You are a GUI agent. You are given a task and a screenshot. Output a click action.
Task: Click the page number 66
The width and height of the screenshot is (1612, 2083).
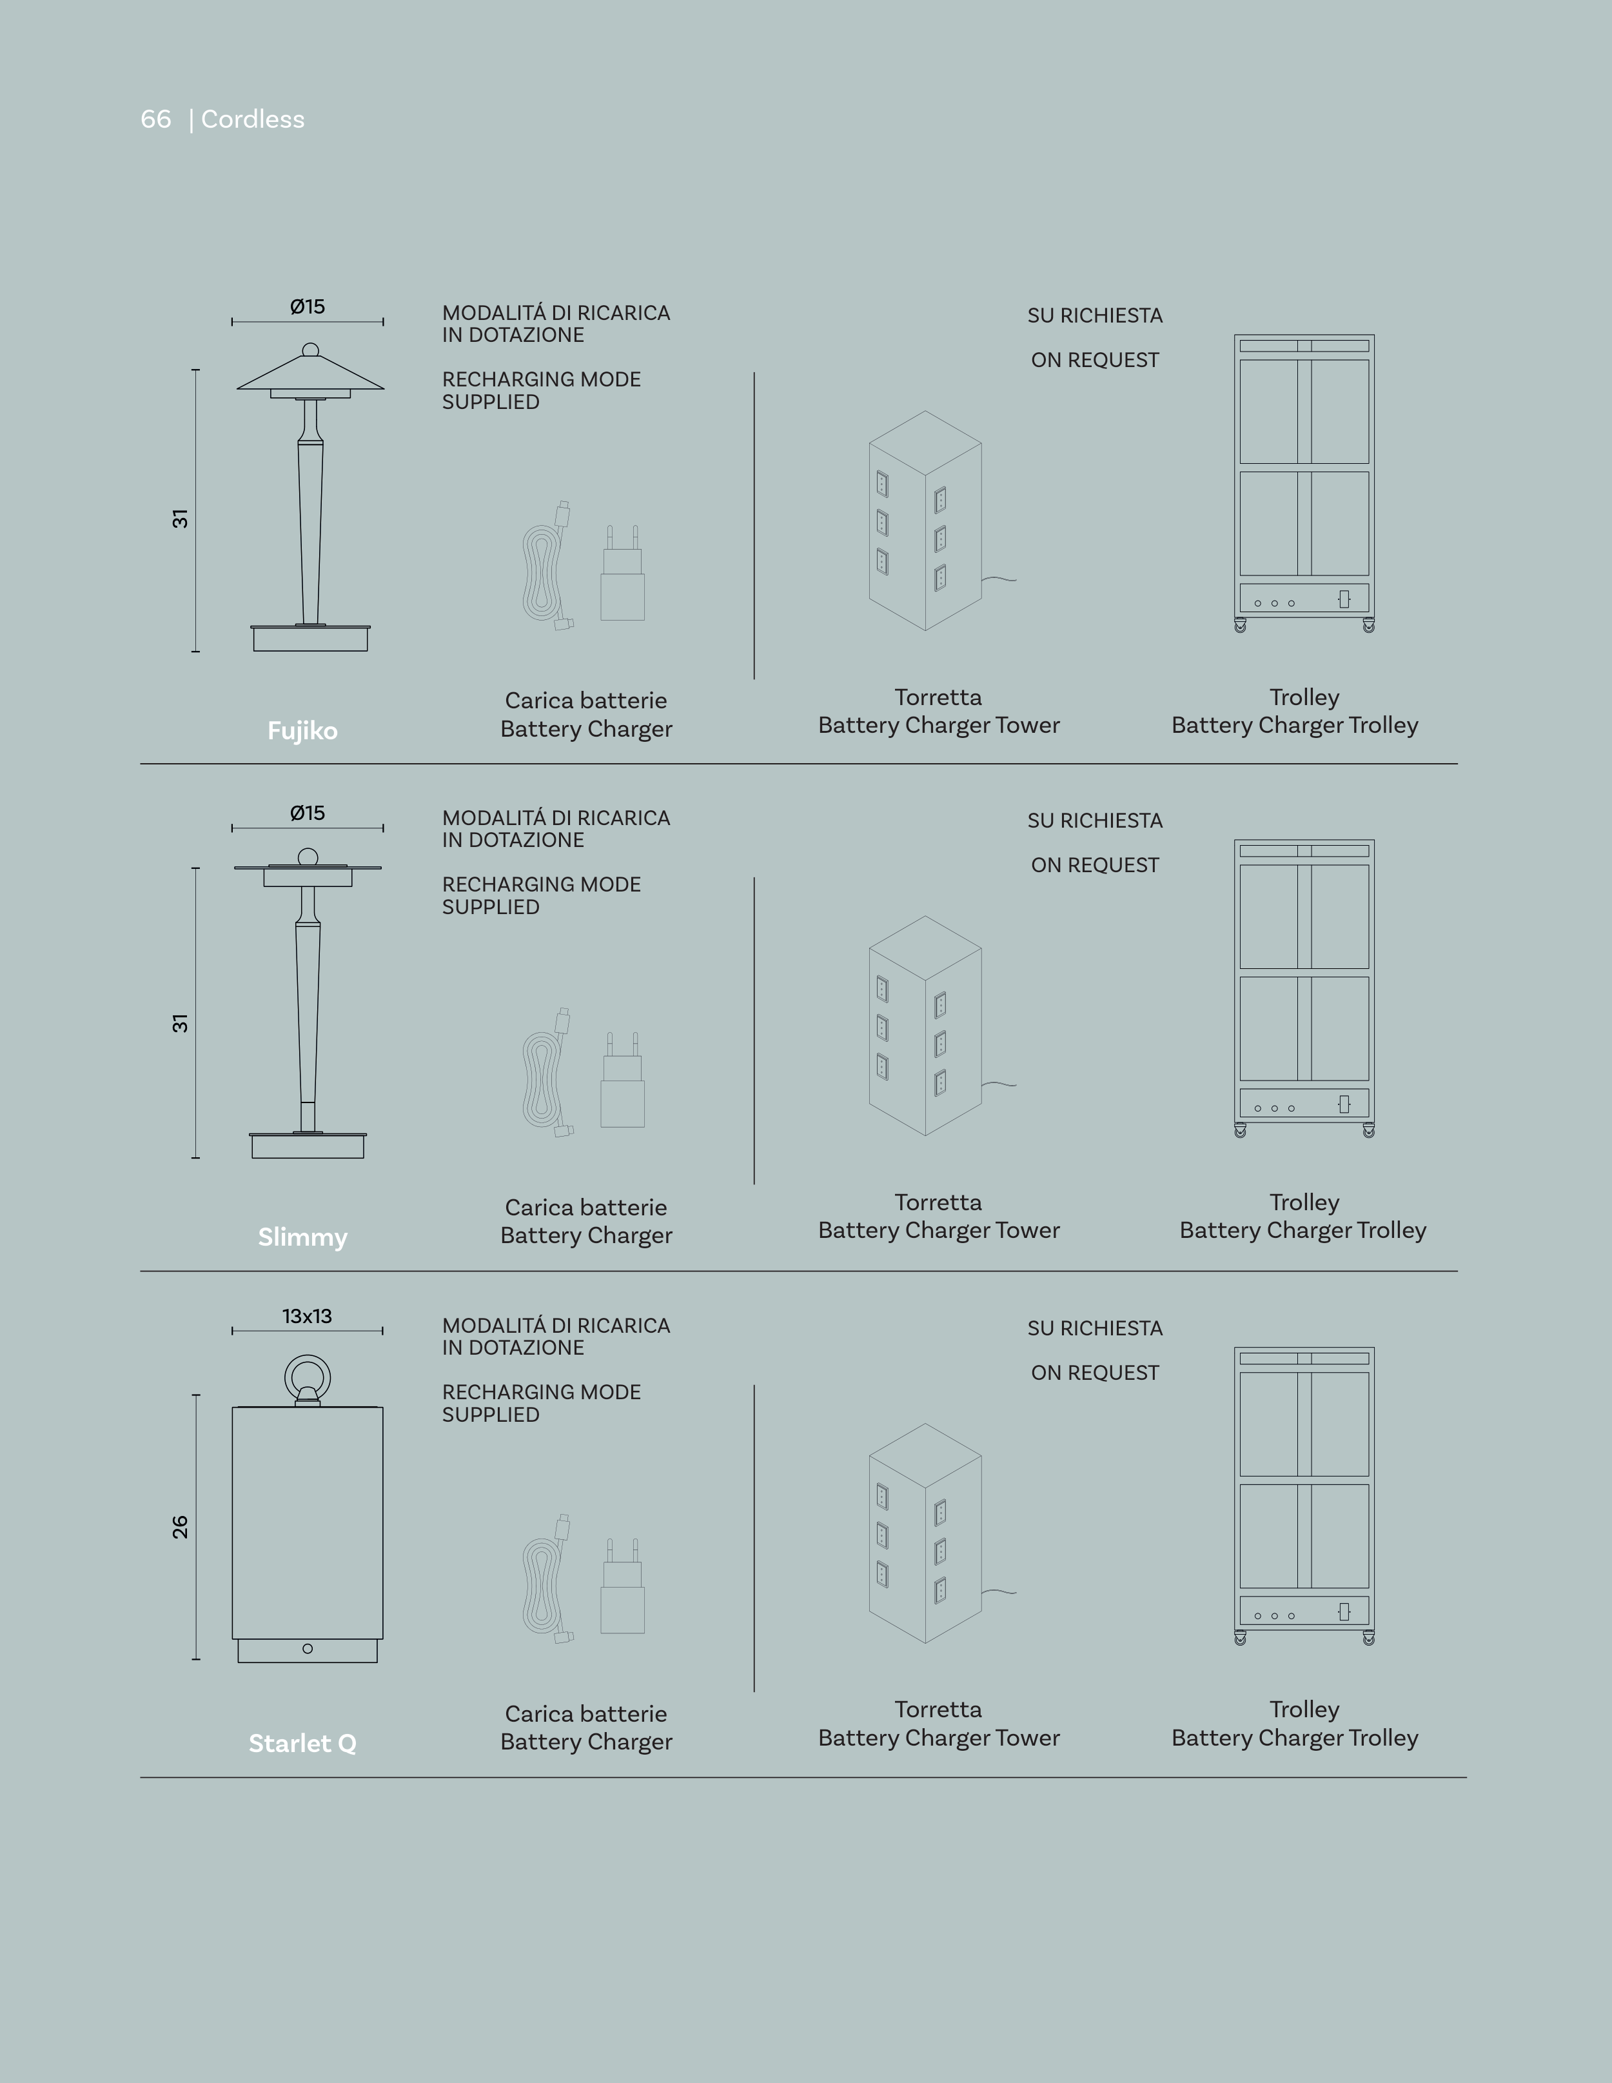[155, 119]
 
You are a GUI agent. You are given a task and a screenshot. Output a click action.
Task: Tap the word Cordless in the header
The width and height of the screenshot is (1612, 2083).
[253, 119]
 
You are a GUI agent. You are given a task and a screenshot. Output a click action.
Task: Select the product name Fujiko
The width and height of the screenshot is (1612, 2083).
[302, 731]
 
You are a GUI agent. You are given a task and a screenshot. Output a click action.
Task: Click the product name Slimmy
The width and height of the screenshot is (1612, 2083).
[302, 1237]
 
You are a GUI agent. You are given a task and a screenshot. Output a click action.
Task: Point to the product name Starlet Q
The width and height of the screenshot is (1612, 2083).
[302, 1744]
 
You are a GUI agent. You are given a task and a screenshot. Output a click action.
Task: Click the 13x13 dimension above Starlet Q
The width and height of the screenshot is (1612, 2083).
[307, 1316]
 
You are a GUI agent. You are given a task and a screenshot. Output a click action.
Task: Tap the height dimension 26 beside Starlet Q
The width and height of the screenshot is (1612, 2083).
[180, 1527]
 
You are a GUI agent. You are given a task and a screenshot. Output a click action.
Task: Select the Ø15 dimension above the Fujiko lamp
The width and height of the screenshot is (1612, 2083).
[307, 306]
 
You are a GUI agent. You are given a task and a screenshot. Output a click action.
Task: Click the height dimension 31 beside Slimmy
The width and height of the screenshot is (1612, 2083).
[180, 1023]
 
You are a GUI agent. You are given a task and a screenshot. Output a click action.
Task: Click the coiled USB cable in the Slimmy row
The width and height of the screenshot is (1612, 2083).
[546, 1073]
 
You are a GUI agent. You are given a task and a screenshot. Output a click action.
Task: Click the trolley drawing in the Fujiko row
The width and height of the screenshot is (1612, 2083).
[1304, 483]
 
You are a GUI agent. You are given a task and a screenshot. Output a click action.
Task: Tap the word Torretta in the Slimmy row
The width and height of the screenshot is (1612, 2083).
[938, 1202]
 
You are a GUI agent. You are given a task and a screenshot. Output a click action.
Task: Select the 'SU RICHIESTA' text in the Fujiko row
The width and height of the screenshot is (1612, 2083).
[1094, 315]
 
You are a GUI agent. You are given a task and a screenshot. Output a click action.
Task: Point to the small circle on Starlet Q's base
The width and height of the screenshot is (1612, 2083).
[307, 1649]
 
